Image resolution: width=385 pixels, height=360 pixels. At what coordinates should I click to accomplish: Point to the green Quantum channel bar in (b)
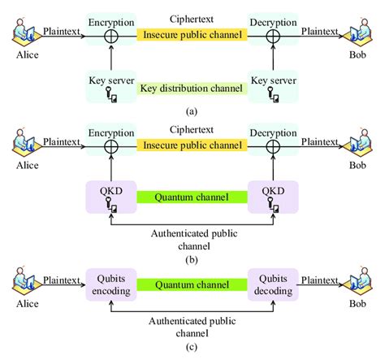pyautogui.click(x=192, y=196)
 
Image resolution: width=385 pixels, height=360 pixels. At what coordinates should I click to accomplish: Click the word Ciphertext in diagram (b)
pyautogui.click(x=192, y=128)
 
